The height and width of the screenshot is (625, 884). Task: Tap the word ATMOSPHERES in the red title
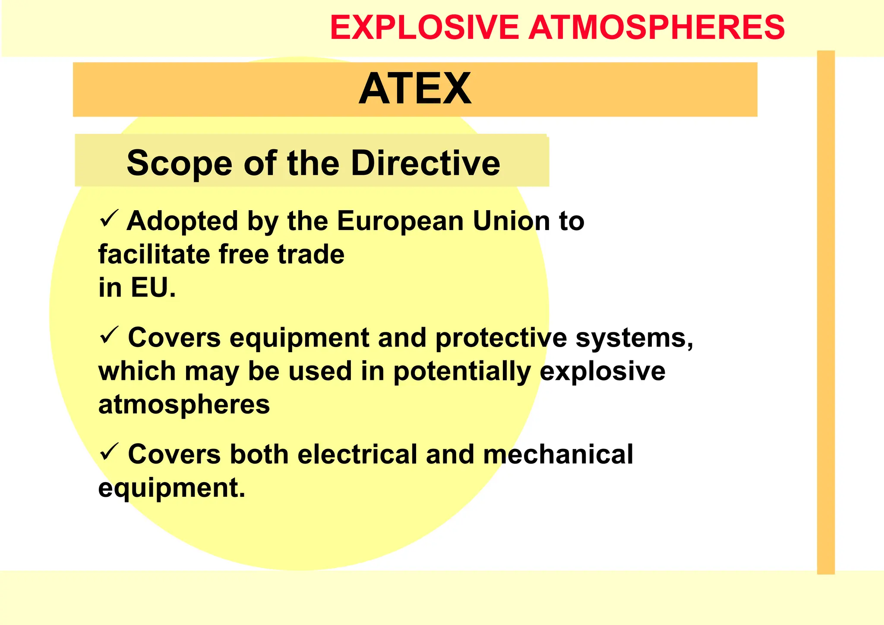[657, 28]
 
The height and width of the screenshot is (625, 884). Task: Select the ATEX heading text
[415, 89]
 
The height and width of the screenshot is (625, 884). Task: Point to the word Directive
[425, 163]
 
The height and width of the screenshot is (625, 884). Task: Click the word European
[400, 221]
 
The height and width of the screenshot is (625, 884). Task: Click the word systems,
[635, 338]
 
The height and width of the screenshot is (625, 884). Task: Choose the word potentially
[462, 372]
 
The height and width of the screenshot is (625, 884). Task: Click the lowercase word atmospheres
[184, 405]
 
